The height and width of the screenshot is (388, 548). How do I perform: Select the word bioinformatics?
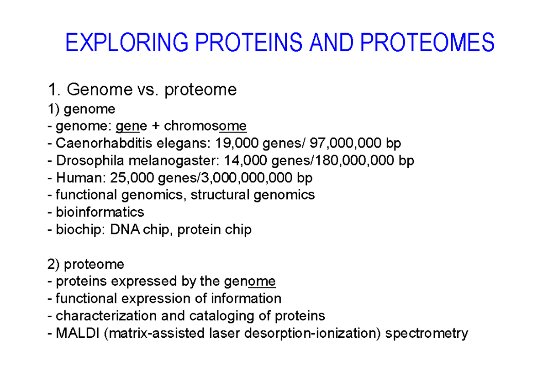click(100, 212)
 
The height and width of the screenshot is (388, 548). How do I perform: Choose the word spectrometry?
click(427, 333)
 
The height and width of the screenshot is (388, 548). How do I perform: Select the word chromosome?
click(205, 126)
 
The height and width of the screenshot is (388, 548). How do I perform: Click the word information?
click(246, 298)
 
